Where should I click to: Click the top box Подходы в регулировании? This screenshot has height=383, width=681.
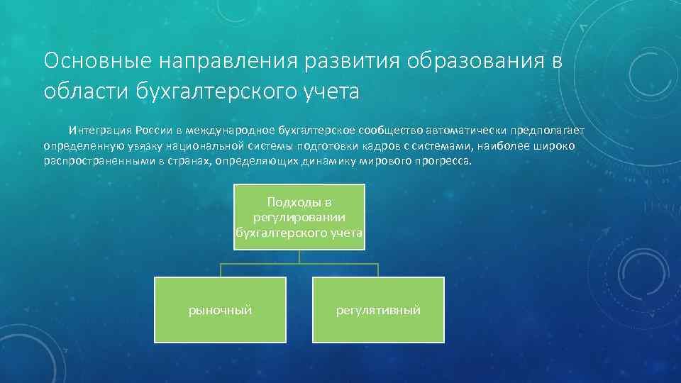(299, 216)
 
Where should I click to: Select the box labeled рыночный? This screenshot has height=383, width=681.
(220, 310)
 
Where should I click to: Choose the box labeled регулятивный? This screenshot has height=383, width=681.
(378, 310)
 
